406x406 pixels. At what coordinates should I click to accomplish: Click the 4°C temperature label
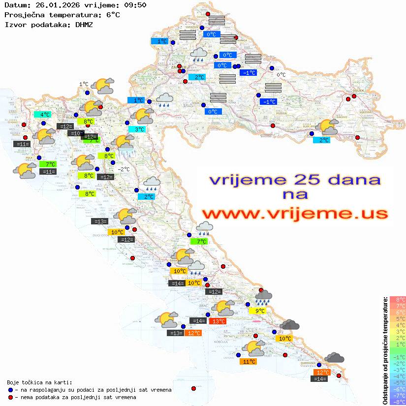[45, 115]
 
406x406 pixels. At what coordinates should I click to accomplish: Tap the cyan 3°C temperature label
[139, 129]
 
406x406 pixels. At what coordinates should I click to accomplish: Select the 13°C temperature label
[218, 321]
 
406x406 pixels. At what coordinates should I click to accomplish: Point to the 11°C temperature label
[249, 362]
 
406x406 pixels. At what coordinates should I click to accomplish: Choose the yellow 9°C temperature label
[259, 311]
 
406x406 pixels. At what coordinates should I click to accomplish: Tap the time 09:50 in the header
[133, 5]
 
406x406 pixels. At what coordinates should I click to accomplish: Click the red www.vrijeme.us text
[294, 215]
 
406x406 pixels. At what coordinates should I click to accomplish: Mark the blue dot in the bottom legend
[10, 390]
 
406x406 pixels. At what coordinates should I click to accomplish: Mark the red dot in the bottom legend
[10, 397]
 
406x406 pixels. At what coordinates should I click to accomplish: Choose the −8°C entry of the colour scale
[397, 402]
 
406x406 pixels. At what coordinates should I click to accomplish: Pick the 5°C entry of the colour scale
[397, 318]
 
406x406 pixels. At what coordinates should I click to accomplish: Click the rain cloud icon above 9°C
[263, 297]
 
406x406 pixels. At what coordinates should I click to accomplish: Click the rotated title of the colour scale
[385, 350]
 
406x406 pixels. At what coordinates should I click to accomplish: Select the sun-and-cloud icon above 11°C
[254, 348]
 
